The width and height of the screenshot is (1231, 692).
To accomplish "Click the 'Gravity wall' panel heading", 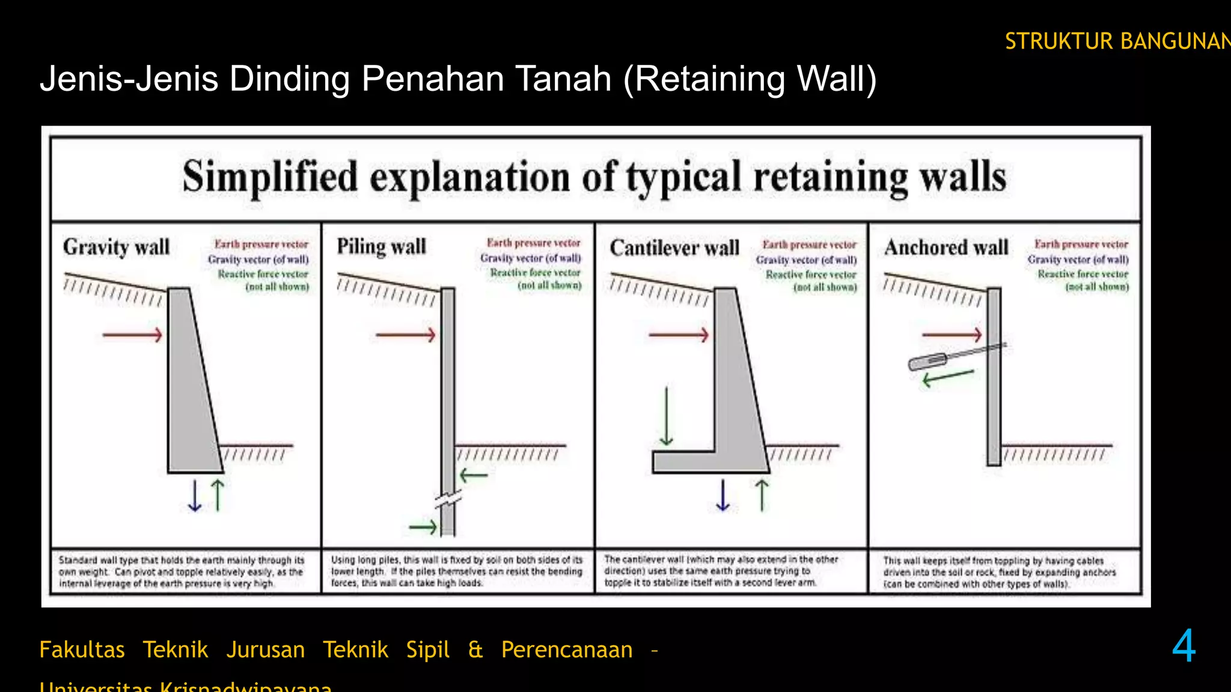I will point(116,247).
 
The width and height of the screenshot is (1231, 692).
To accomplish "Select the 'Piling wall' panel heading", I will point(381,246).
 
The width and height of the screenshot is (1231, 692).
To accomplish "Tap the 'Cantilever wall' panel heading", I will point(674,247).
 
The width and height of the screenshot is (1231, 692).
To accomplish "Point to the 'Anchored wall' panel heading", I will point(946,247).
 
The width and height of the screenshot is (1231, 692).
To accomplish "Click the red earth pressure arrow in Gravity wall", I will point(132,335).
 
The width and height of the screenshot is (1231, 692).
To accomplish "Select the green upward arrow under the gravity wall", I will point(218,495).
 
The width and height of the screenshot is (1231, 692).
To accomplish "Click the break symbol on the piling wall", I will point(448,499).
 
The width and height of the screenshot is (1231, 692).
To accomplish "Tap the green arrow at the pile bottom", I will point(423,527).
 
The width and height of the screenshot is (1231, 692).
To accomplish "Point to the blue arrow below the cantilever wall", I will point(723,495).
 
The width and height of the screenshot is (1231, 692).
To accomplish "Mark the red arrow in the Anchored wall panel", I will point(952,335).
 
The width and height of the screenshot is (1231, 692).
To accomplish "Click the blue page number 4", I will point(1184,646).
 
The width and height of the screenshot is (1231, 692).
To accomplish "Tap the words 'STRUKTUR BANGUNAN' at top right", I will point(1117,41).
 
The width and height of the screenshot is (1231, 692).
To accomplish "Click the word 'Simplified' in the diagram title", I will point(270,177).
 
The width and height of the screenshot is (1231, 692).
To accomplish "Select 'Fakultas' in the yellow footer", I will point(82,650).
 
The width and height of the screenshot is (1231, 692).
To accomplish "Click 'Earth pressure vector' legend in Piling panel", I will point(533,243).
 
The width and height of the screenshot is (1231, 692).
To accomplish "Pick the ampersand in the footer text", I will point(475,650).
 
